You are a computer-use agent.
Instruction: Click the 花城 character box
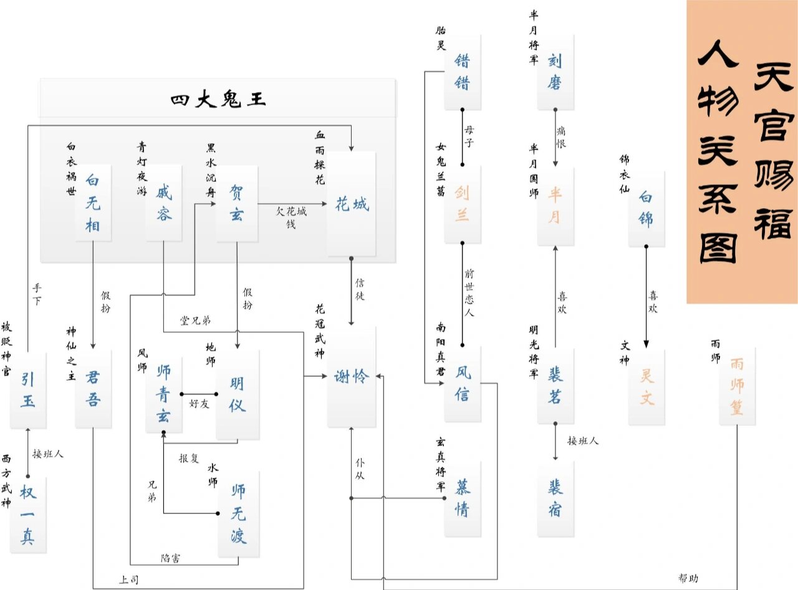(x=352, y=204)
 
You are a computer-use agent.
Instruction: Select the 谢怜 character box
(x=352, y=377)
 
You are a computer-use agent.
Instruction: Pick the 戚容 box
(x=163, y=204)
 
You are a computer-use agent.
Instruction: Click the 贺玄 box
(x=237, y=204)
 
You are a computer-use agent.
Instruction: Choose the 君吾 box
(x=93, y=389)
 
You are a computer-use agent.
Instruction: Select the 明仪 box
(x=237, y=394)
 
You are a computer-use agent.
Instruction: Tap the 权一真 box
(x=28, y=514)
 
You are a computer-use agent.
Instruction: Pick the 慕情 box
(x=463, y=499)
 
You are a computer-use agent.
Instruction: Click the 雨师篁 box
(x=737, y=386)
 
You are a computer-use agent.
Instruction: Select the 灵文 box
(x=647, y=387)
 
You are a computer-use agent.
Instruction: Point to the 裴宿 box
(x=555, y=498)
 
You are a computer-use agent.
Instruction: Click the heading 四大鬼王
(x=218, y=100)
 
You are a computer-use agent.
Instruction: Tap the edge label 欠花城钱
(x=291, y=217)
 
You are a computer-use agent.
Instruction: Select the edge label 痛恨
(x=561, y=137)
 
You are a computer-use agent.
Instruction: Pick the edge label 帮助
(x=688, y=578)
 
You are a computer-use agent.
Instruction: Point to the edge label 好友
(x=199, y=403)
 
